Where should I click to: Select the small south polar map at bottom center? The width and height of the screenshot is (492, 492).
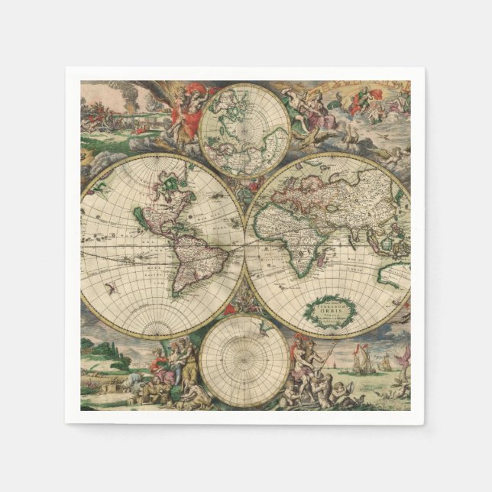pyautogui.click(x=244, y=360)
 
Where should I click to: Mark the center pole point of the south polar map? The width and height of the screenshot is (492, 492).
pyautogui.click(x=244, y=360)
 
